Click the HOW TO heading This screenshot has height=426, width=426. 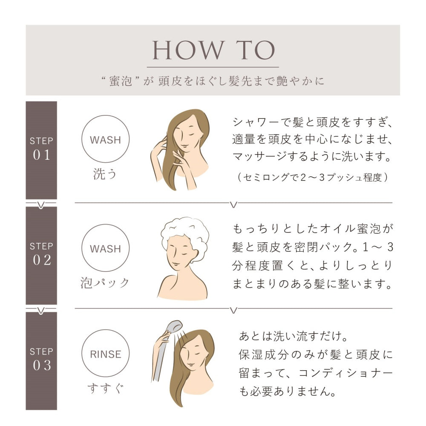(213, 50)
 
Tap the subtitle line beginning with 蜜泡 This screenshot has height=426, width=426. (213, 81)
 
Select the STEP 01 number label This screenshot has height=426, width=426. (41, 149)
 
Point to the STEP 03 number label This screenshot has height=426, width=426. (41, 359)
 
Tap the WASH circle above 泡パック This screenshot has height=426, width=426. (105, 224)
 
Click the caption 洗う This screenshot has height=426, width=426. (105, 174)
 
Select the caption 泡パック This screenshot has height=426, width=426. (105, 283)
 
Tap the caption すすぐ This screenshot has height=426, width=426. (105, 388)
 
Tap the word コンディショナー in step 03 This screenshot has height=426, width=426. (345, 373)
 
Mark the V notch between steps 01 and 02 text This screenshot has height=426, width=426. (233, 204)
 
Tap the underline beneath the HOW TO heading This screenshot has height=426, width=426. (213, 67)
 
